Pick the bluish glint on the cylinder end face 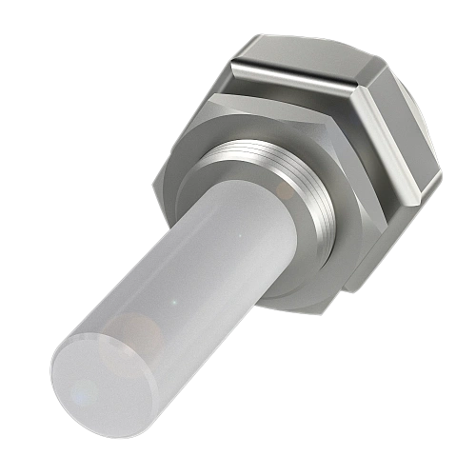point(84,392)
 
